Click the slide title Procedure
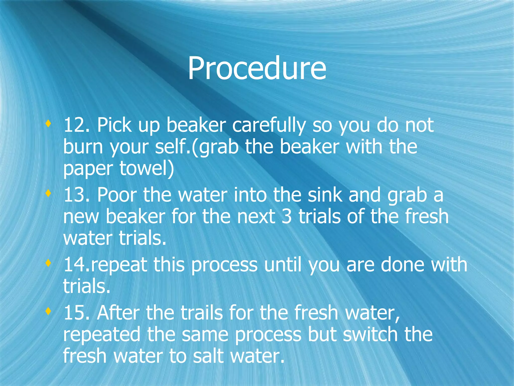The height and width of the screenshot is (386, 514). point(257,68)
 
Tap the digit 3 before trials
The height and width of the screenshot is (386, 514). point(287,216)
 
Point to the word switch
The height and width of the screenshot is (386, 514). point(370,334)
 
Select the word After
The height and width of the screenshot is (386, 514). point(118,313)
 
